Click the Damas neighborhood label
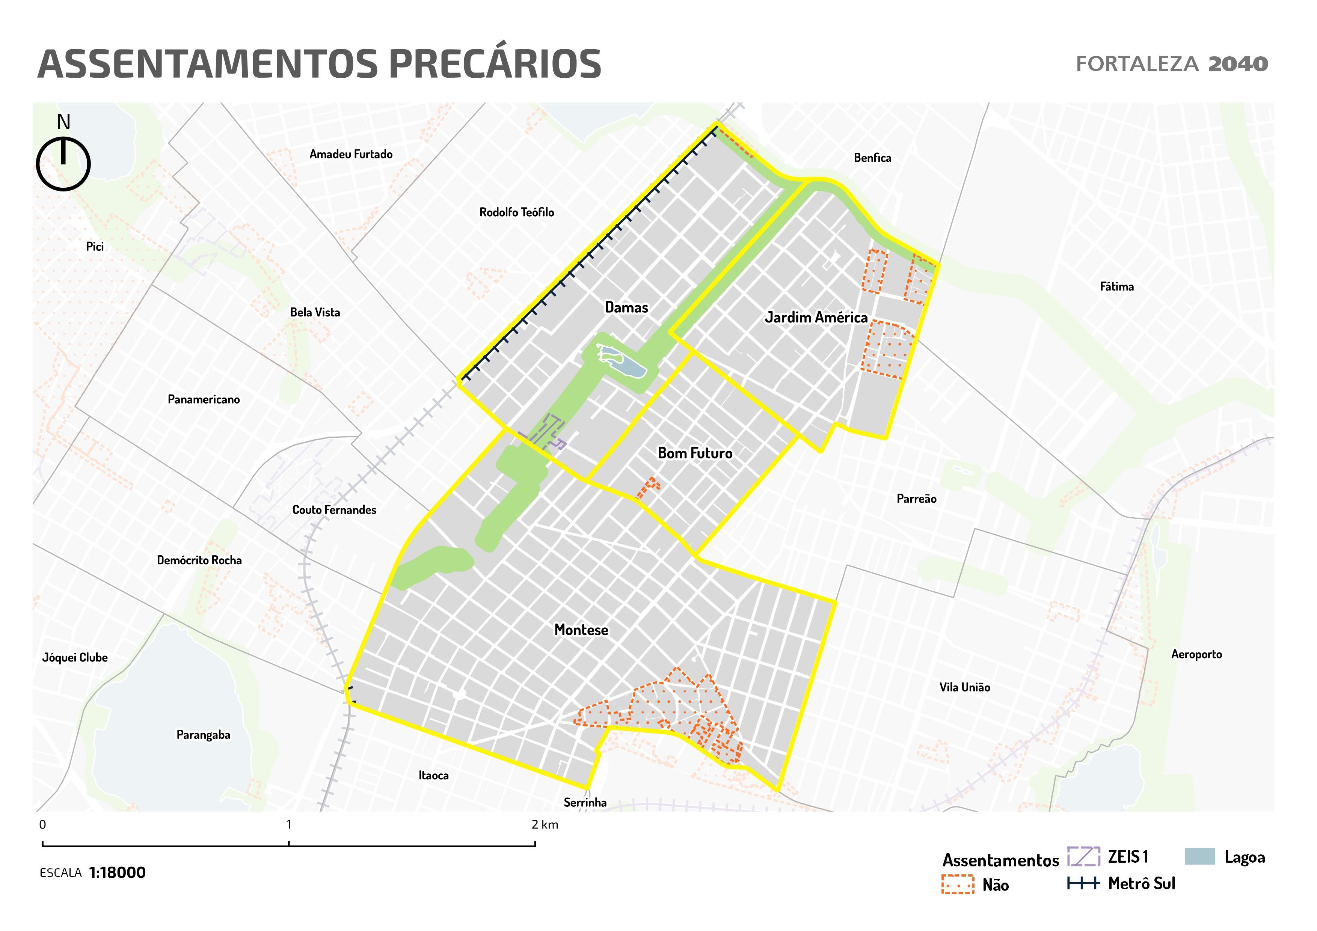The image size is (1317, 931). click(x=626, y=308)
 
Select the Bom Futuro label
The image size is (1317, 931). click(x=695, y=453)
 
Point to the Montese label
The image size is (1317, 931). click(x=581, y=630)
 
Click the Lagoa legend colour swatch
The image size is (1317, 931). click(x=1199, y=856)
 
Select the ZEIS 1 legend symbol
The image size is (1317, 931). click(x=1083, y=856)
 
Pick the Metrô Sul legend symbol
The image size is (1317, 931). click(x=1083, y=883)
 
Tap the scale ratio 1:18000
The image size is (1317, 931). click(x=117, y=872)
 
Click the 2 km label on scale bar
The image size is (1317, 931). click(x=545, y=825)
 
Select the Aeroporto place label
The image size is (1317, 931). click(x=1196, y=654)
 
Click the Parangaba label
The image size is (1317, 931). click(x=203, y=735)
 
